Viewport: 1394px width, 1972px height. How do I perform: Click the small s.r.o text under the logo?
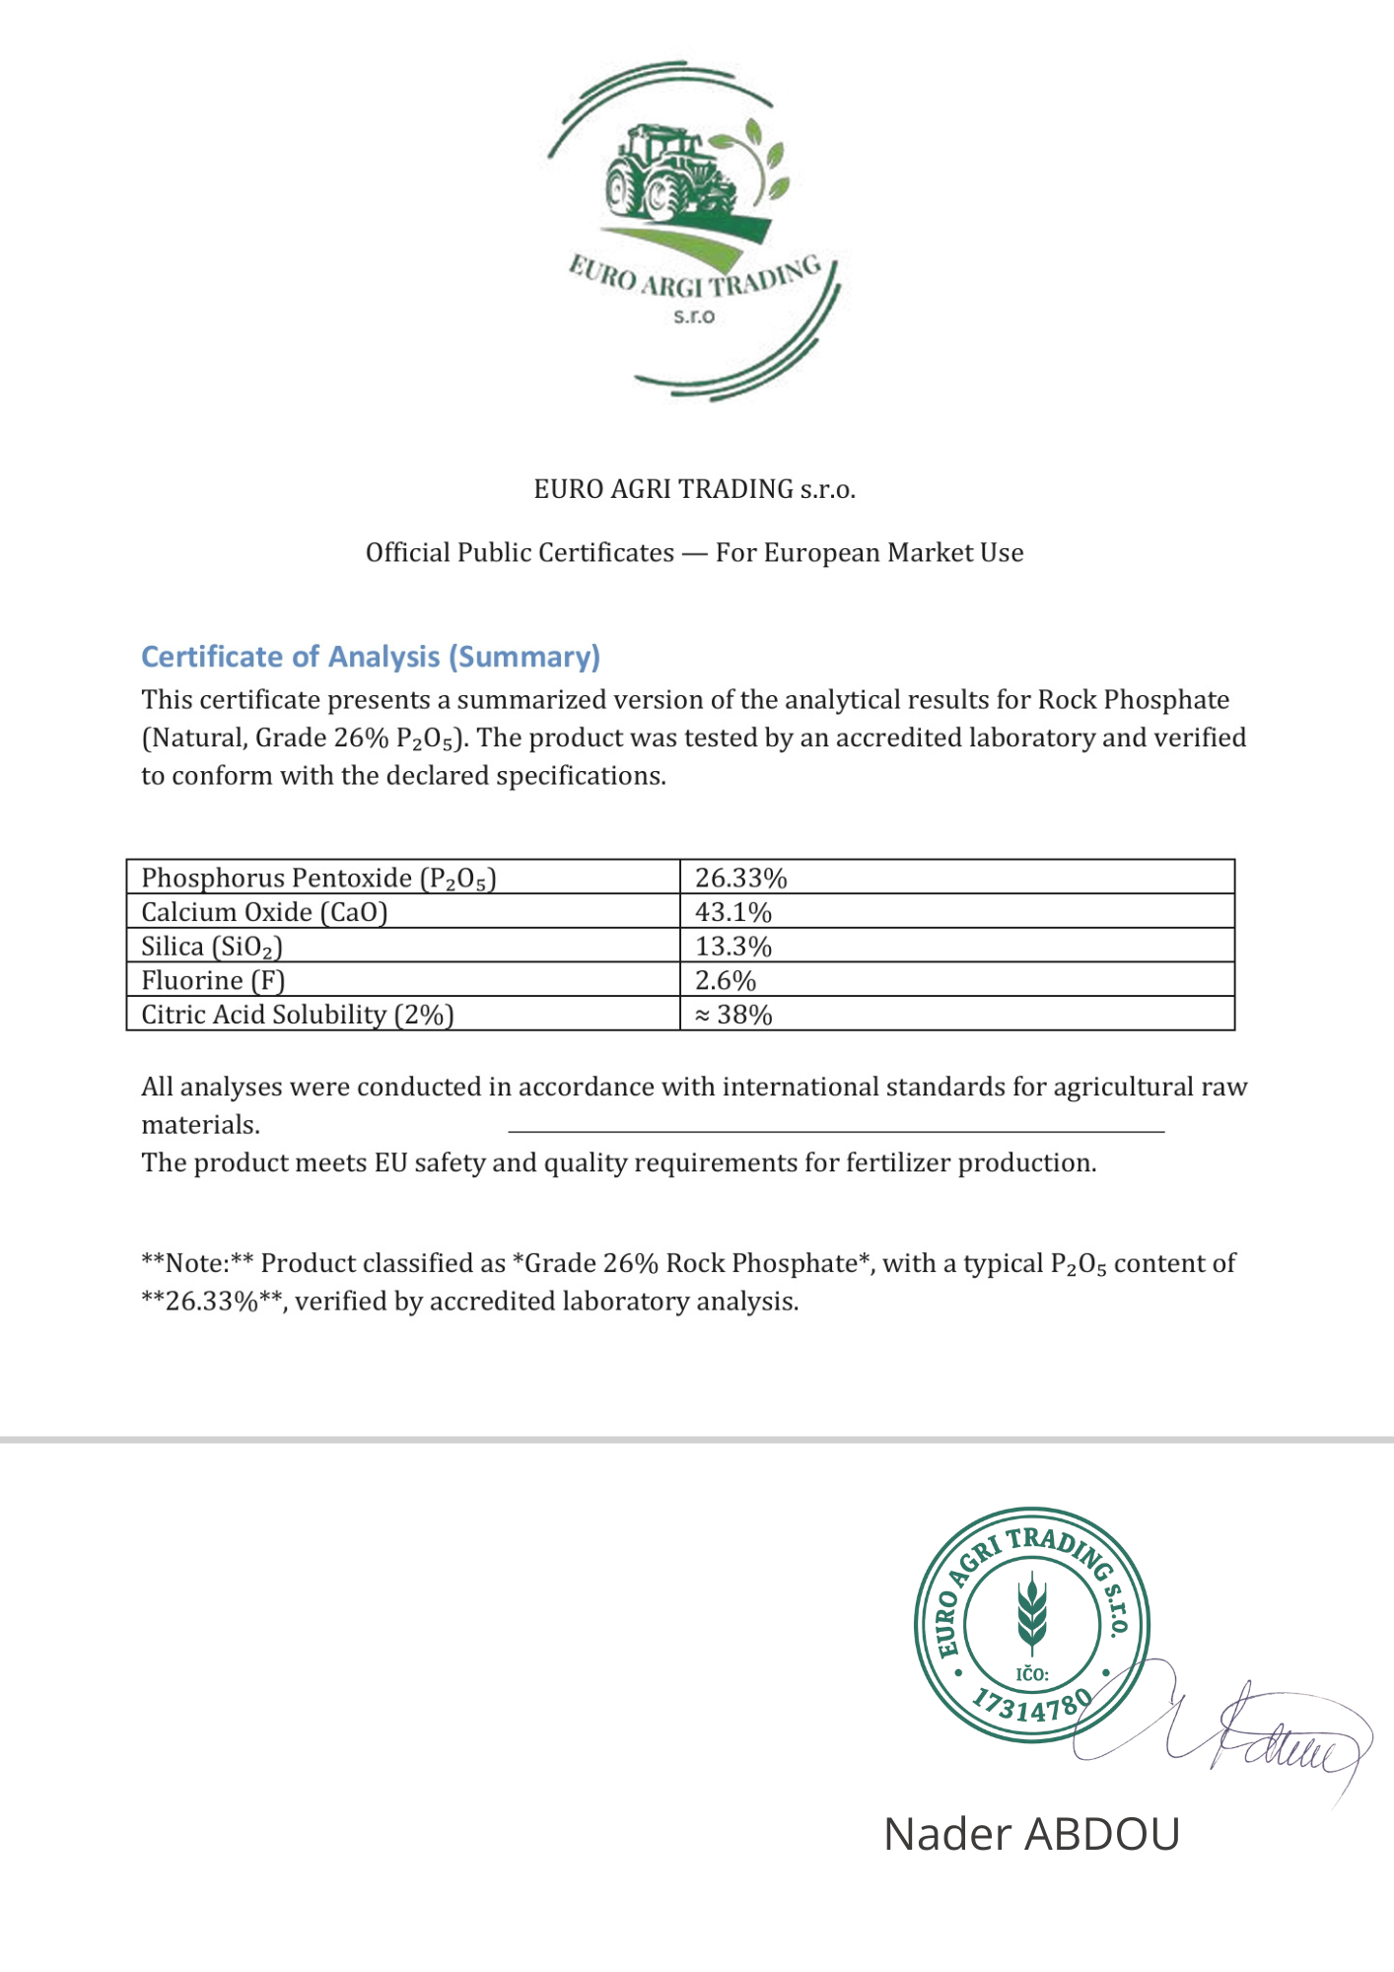694,317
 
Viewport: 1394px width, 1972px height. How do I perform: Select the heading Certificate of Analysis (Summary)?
371,657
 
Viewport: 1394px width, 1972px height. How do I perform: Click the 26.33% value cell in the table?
740,878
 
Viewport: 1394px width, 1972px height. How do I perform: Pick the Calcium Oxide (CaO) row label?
264,912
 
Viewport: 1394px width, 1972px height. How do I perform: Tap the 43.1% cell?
732,912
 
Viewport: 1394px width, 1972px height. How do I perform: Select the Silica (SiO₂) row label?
211,947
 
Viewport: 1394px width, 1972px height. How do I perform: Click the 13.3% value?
732,947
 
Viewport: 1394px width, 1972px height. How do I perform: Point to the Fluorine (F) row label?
213,981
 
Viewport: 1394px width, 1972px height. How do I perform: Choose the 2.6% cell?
725,981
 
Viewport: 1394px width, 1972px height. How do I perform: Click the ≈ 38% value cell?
732,1015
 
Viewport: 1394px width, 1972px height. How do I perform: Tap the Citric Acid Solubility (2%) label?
297,1015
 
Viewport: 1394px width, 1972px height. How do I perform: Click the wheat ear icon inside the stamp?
1032,1614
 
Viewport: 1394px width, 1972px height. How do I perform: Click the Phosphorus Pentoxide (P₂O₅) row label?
317,878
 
